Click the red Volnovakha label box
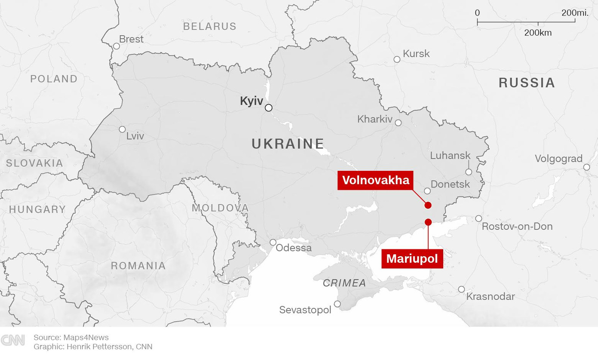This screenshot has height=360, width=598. point(375,180)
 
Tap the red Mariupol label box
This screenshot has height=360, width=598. point(412,258)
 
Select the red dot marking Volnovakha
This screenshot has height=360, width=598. point(428,205)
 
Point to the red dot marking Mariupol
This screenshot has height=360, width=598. point(428,222)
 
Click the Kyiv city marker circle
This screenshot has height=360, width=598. point(268,108)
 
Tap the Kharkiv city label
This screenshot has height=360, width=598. point(375,119)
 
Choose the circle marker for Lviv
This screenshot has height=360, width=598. point(122,129)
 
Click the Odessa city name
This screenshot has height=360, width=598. point(293,248)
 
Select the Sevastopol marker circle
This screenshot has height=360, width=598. point(337,304)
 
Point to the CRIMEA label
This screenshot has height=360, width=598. point(344,283)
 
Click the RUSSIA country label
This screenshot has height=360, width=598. point(527,83)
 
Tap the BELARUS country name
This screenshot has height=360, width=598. point(210,26)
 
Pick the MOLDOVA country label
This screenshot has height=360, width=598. point(220,208)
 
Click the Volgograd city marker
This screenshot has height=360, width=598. point(586,167)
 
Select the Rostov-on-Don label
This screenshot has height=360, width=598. point(517,226)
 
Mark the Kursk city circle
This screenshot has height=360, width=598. point(397,59)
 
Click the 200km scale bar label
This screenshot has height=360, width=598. point(537,33)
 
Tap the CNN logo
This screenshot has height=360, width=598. point(13,341)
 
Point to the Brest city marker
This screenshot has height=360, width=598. point(116,46)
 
